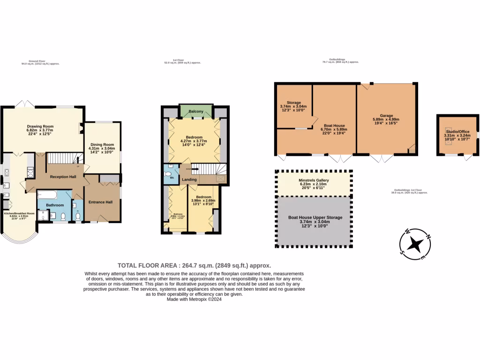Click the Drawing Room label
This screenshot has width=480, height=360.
[x=40, y=126]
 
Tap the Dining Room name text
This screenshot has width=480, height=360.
[x=102, y=144]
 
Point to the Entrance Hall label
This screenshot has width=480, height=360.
[x=101, y=202]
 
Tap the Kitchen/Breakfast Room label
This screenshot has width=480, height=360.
[x=20, y=213]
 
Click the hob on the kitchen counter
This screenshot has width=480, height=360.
[x=7, y=174]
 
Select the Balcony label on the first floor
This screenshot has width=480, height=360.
[x=195, y=112]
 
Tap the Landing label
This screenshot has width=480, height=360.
[x=189, y=180]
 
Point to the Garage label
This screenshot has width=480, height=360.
[x=386, y=115]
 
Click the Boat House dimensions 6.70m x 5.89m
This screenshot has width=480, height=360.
[x=333, y=129]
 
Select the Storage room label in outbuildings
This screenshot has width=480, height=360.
[x=294, y=102]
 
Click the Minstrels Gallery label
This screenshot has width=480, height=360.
[x=314, y=180]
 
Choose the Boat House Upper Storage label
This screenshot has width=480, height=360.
[x=315, y=217]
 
